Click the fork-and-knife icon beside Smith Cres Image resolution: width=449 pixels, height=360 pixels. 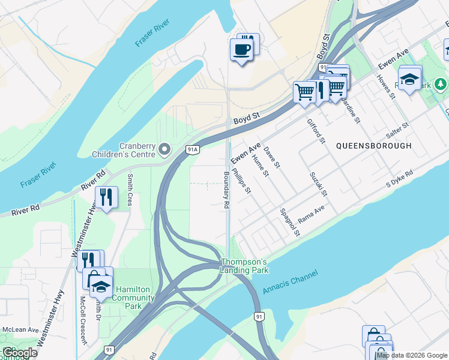106,197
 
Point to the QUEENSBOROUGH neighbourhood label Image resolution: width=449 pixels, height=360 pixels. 374,146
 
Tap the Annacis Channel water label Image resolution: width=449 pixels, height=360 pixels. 290,281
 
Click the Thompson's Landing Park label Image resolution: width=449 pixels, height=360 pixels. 244,266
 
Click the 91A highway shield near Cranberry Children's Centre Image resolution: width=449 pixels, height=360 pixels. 192,149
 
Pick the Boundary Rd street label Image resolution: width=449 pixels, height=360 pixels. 226,190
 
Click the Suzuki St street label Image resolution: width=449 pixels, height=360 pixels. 318,184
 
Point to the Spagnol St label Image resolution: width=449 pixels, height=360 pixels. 289,222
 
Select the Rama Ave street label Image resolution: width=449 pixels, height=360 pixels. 311,214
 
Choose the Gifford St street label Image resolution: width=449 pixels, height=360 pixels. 316,131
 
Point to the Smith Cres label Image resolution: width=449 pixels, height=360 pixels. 130,190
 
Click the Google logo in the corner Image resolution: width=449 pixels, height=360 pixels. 20,352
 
